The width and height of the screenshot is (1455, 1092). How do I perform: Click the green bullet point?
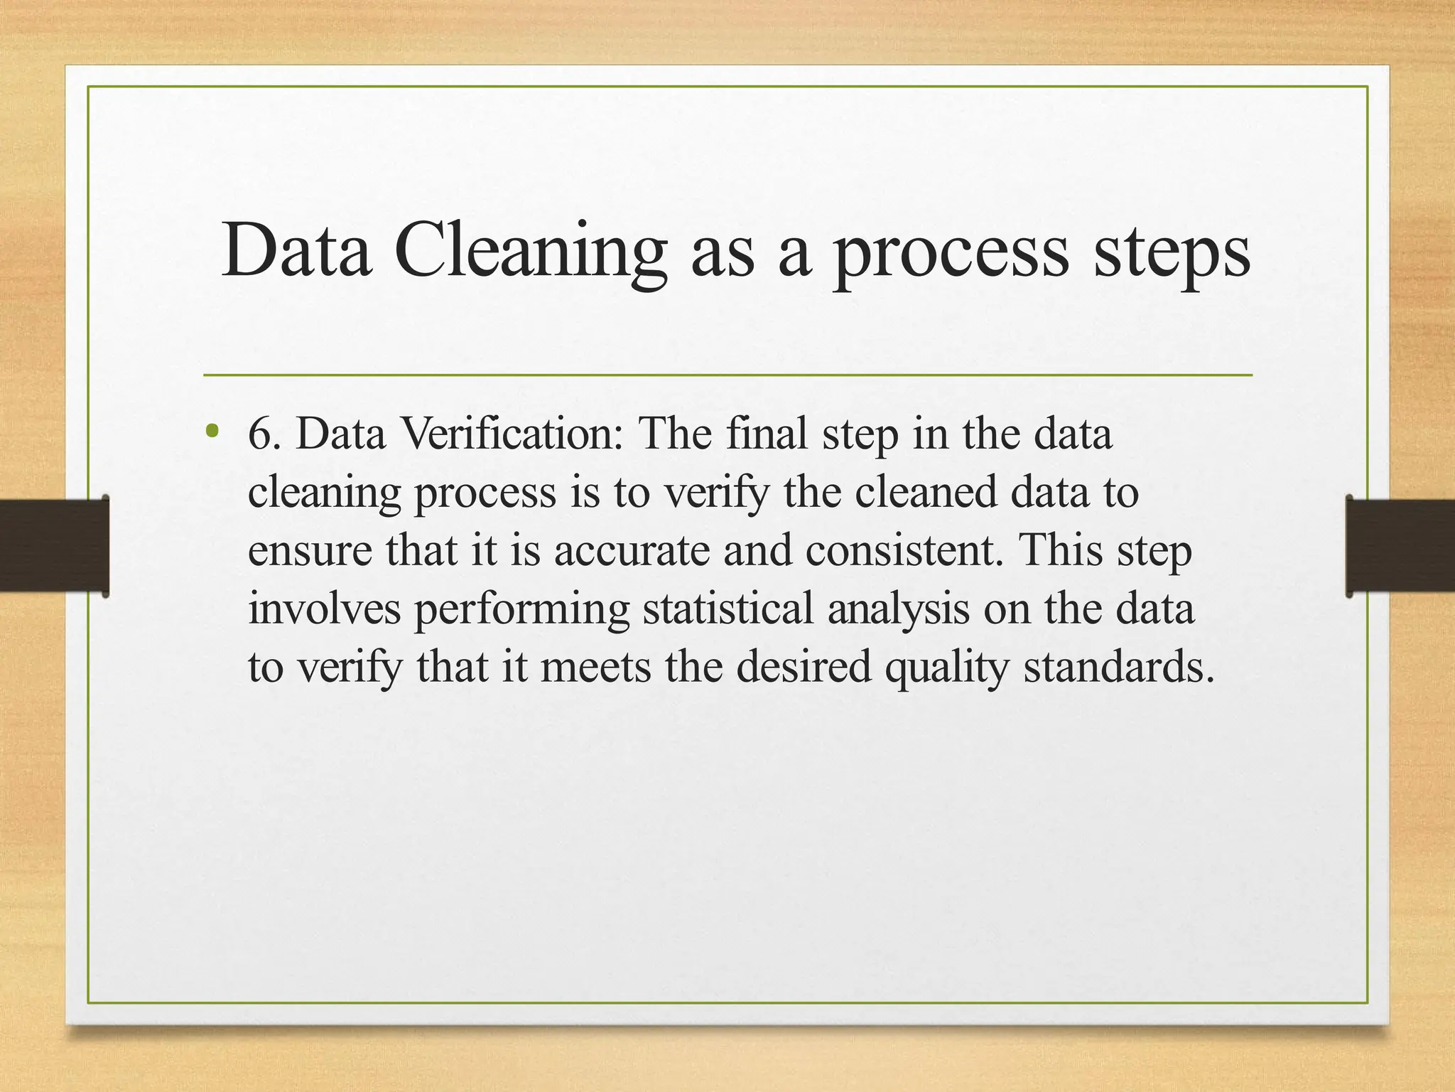(x=210, y=430)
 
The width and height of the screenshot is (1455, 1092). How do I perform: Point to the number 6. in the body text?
(x=264, y=433)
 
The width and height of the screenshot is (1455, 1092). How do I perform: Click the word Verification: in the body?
(x=512, y=433)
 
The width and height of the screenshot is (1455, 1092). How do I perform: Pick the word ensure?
(x=310, y=550)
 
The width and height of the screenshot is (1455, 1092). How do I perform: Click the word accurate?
(x=632, y=550)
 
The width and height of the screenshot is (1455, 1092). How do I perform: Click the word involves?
(x=324, y=609)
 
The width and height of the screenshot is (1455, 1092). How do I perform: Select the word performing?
(x=521, y=610)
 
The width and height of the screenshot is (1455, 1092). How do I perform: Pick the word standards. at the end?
(x=1118, y=667)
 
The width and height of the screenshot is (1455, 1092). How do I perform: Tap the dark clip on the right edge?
(x=1400, y=545)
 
